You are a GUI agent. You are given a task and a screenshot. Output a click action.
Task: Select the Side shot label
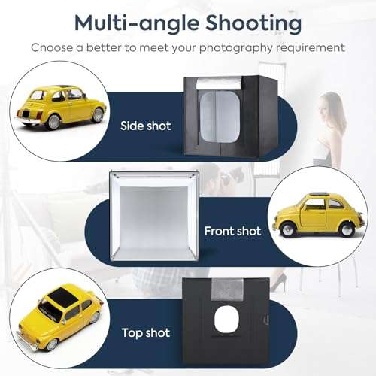[x=145, y=126]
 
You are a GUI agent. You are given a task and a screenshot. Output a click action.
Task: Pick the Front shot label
[x=233, y=230]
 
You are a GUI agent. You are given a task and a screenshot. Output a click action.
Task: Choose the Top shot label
[x=145, y=332]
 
